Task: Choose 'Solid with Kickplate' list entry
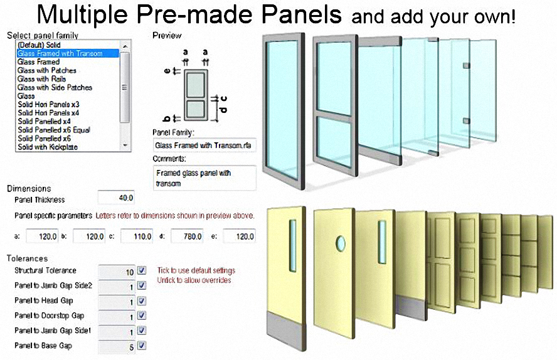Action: [x=48, y=147]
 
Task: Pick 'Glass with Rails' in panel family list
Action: [x=41, y=79]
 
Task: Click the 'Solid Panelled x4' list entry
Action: [x=44, y=122]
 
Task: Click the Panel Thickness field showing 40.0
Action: [x=116, y=198]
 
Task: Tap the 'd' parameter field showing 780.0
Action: [x=187, y=236]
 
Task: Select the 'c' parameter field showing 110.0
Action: [x=137, y=236]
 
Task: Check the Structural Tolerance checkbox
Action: [x=142, y=270]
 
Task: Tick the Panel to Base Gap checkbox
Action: [x=142, y=346]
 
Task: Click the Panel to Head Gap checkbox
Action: [x=142, y=301]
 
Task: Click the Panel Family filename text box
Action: [x=204, y=146]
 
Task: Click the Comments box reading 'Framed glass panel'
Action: [x=204, y=178]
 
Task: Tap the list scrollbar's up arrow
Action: [x=125, y=46]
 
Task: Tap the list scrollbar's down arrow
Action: [x=125, y=146]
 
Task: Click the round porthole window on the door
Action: [x=341, y=243]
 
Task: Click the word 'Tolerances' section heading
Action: [x=27, y=258]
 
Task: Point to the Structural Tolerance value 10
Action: [x=130, y=272]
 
